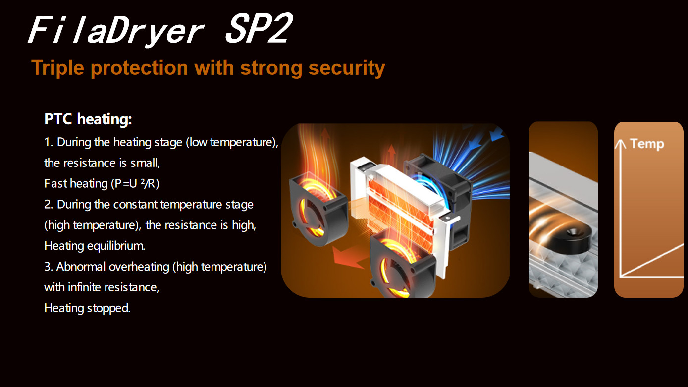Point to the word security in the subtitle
click(x=346, y=68)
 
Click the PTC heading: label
click(x=88, y=119)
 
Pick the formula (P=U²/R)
click(x=135, y=184)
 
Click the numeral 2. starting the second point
click(x=49, y=205)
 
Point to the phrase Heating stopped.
click(x=87, y=308)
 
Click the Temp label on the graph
click(x=647, y=144)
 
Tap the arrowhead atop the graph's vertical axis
click(x=621, y=143)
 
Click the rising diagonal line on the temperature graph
click(x=654, y=261)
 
